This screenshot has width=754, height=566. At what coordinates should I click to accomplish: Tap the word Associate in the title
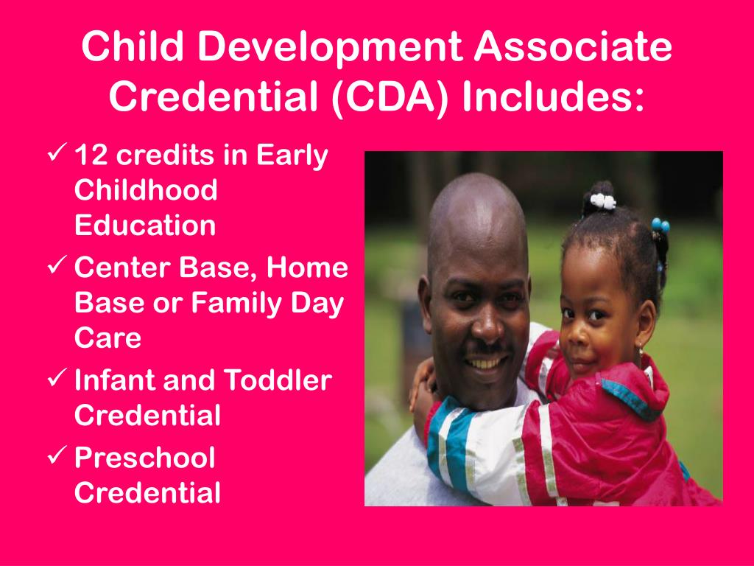(x=573, y=48)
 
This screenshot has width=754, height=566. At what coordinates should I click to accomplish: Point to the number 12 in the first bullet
(x=92, y=156)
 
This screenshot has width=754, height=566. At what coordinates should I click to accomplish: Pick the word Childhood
(x=146, y=191)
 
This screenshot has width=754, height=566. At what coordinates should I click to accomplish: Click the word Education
(x=145, y=226)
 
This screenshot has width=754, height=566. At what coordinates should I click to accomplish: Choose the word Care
(x=108, y=338)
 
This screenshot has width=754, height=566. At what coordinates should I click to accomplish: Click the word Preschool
(x=145, y=458)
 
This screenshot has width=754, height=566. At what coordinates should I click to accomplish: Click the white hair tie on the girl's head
(x=602, y=200)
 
